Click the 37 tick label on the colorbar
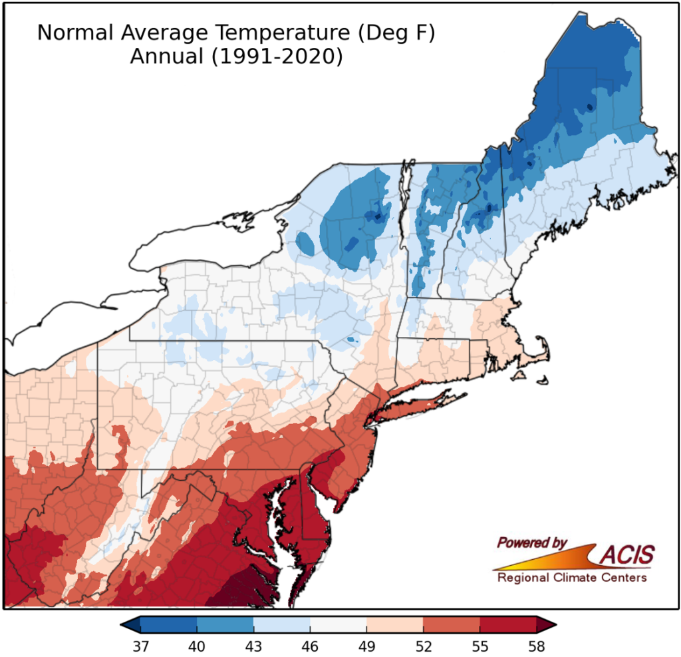click(140, 646)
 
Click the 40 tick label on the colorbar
click(197, 646)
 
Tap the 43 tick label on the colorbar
click(253, 646)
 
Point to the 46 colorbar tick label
click(310, 646)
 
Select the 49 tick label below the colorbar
click(366, 646)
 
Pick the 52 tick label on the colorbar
click(423, 646)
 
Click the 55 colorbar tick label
click(479, 646)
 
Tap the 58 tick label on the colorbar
click(536, 646)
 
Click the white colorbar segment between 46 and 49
click(338, 625)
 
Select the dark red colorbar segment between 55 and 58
click(507, 625)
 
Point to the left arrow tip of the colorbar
click(122, 625)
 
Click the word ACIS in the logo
click(627, 554)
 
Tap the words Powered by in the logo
click(532, 543)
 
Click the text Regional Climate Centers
click(571, 578)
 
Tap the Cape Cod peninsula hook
click(542, 349)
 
